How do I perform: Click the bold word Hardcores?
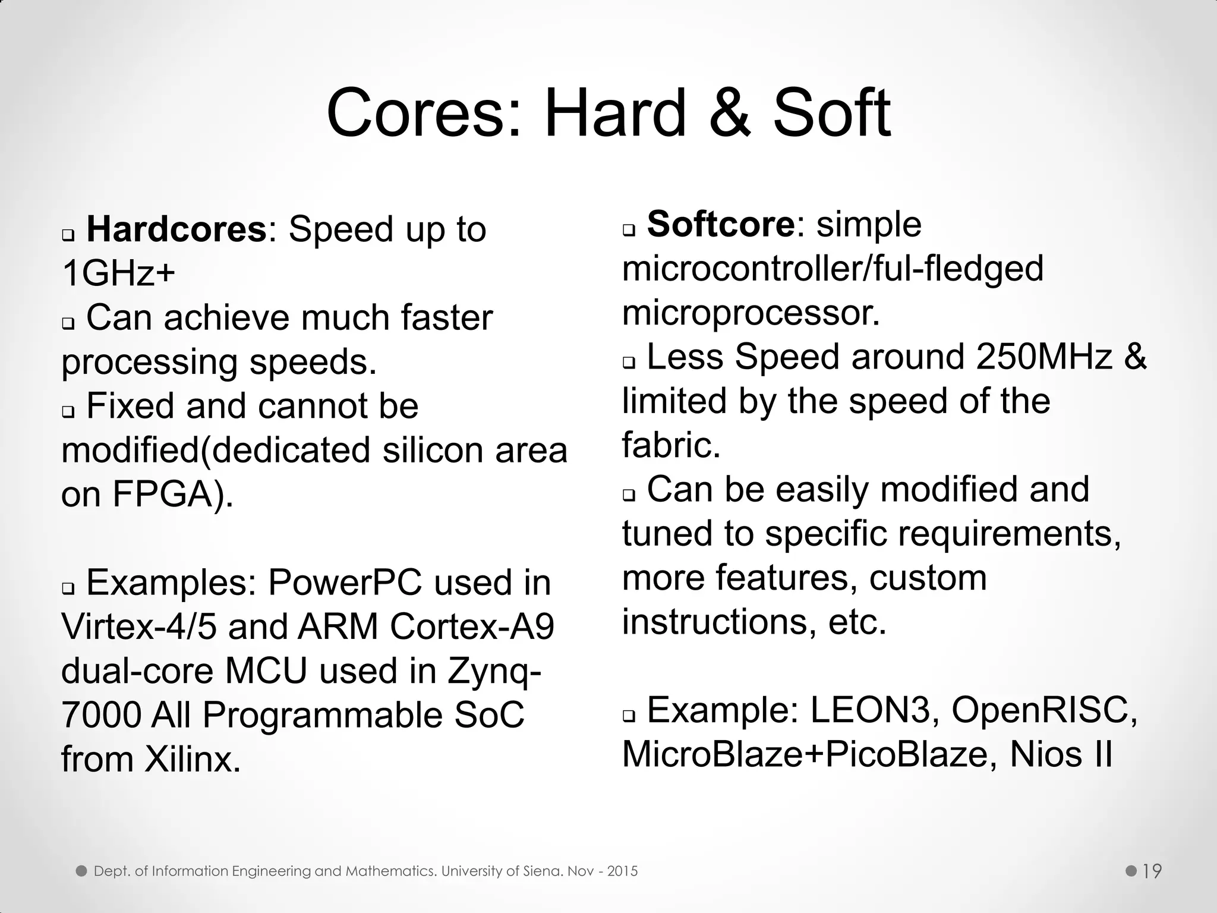[x=176, y=229]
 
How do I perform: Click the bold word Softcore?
[x=720, y=225]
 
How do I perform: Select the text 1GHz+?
[x=118, y=274]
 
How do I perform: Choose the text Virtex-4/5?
[x=138, y=626]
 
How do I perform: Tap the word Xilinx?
[x=193, y=759]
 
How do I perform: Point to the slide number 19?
[x=1152, y=871]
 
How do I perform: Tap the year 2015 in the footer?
[x=622, y=871]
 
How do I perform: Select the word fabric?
[x=671, y=445]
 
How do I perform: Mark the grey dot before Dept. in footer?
[x=81, y=871]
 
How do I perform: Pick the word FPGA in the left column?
[x=162, y=495]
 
